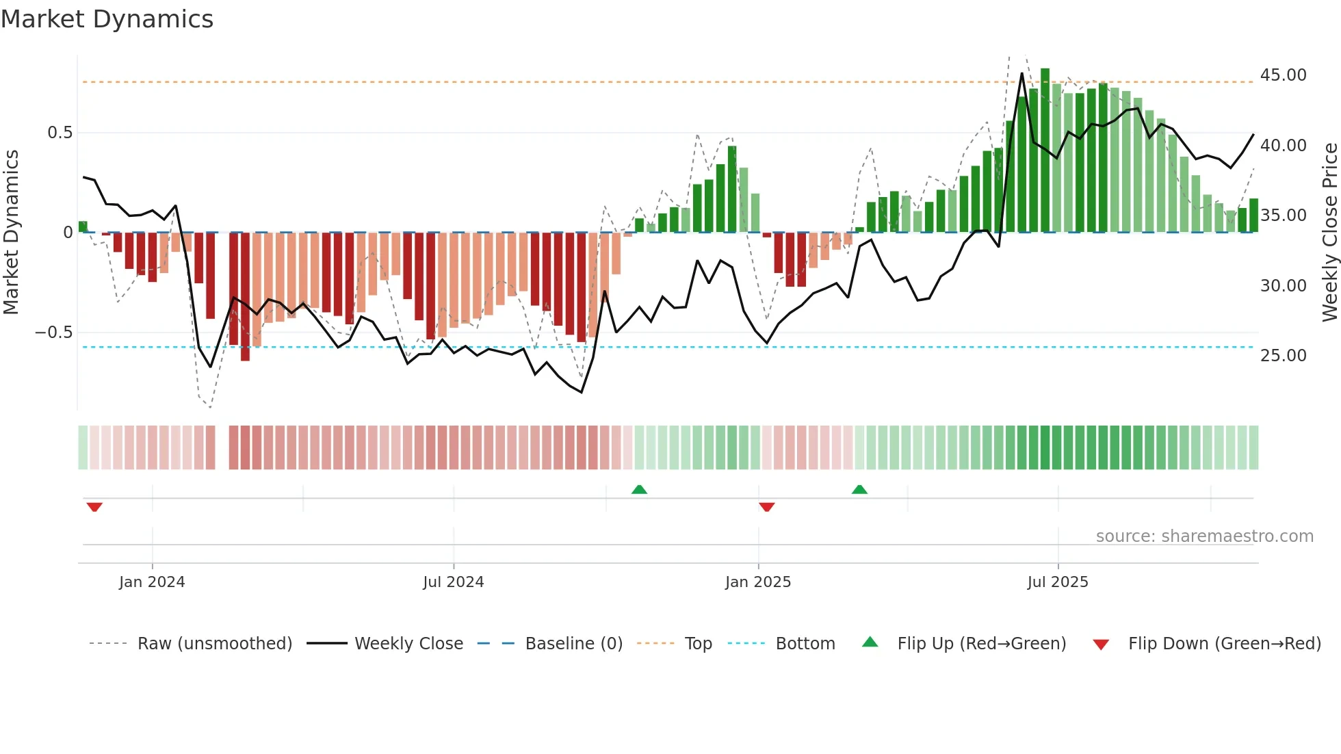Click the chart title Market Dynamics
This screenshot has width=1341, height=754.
click(107, 19)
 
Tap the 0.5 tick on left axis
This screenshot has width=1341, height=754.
click(60, 133)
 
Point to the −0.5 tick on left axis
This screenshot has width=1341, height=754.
click(54, 333)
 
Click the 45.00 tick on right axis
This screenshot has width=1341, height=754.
click(1283, 75)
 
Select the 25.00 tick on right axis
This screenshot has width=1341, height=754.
click(1283, 356)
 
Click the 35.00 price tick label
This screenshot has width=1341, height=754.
click(1283, 216)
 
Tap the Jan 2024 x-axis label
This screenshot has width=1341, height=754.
click(152, 582)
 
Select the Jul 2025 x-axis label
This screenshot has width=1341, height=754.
click(1057, 582)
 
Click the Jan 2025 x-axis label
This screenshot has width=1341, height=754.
click(758, 582)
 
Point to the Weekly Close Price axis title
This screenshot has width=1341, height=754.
click(1329, 233)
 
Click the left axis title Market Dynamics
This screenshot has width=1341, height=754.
click(11, 233)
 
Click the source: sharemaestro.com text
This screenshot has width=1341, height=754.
click(1204, 536)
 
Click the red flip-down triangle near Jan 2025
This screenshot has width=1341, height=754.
click(767, 507)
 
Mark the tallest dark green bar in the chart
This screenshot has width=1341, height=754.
click(1045, 151)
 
